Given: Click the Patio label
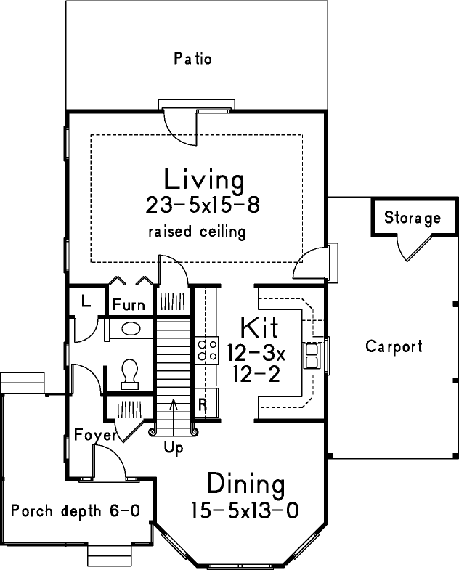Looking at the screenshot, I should click(x=192, y=59).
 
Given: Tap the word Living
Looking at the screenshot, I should click(x=203, y=178).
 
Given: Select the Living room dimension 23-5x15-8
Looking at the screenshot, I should click(x=203, y=205).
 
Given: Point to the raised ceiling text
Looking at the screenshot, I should click(x=197, y=232).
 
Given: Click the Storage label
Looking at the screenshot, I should click(x=412, y=218).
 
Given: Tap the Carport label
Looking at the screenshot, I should click(x=393, y=346).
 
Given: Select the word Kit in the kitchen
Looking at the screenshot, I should click(x=259, y=325).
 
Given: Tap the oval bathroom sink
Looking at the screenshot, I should click(x=131, y=329).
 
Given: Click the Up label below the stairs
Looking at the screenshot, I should click(x=174, y=448).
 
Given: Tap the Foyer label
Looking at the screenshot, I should click(x=95, y=436).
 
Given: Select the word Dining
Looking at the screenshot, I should click(x=245, y=483).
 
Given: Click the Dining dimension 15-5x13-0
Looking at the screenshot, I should click(x=245, y=510).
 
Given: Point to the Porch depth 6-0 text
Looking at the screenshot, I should click(x=75, y=510).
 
